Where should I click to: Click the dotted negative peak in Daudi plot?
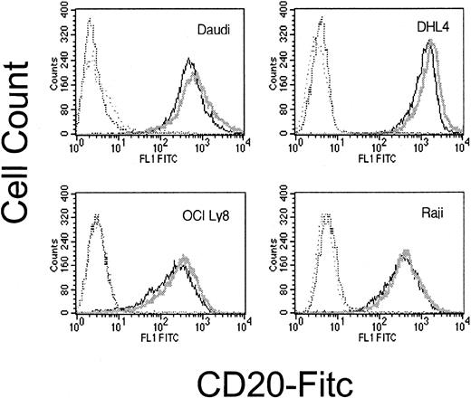tap(90, 23)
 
